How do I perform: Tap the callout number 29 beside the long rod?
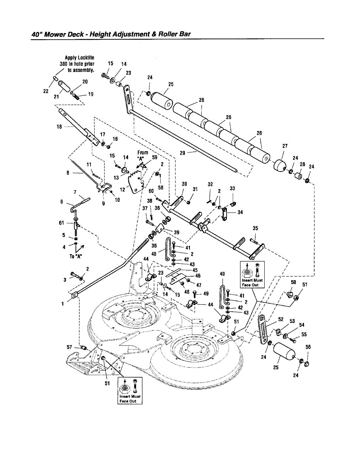point(183,153)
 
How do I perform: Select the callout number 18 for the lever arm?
point(60,126)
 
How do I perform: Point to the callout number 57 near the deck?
point(69,346)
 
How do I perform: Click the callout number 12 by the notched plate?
point(123,190)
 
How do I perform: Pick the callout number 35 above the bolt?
point(255,228)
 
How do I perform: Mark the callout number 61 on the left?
point(61,223)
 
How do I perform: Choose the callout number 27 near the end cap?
point(285,146)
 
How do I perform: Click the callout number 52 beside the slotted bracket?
point(281,320)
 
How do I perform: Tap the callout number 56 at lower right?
point(308,347)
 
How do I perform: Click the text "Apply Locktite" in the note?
point(79,58)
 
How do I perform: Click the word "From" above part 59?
point(143,153)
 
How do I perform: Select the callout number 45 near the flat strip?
point(195,270)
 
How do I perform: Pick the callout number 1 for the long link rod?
point(63,304)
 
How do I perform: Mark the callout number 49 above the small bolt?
point(206,293)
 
